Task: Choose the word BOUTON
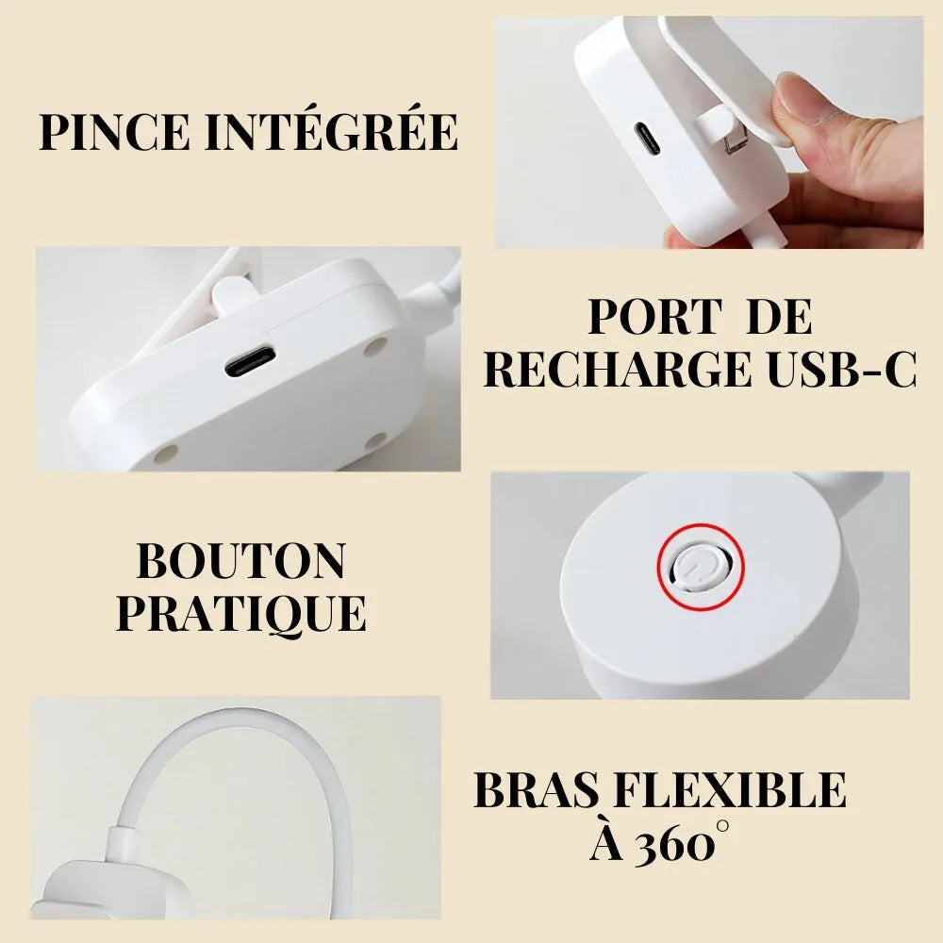(241, 562)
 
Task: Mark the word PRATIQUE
(241, 614)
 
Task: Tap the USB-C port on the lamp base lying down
(250, 361)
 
